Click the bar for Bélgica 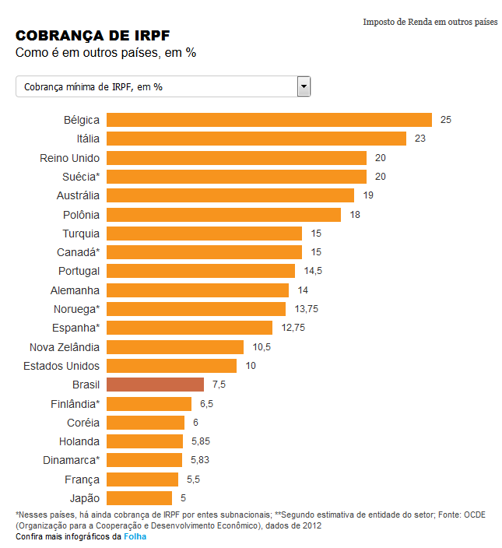(269, 120)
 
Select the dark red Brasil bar (155, 385)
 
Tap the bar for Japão (139, 498)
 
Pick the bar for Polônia (223, 214)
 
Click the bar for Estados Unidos (171, 366)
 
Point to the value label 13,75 (307, 309)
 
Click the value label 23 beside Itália (420, 139)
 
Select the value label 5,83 (201, 460)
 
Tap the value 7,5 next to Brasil (219, 385)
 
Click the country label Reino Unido (69, 158)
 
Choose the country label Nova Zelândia (64, 347)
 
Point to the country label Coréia (82, 423)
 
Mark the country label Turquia (81, 234)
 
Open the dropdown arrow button (304, 86)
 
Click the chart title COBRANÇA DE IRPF (93, 36)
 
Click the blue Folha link (135, 536)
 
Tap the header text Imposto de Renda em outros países (430, 22)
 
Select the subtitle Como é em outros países (105, 53)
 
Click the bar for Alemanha (197, 290)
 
